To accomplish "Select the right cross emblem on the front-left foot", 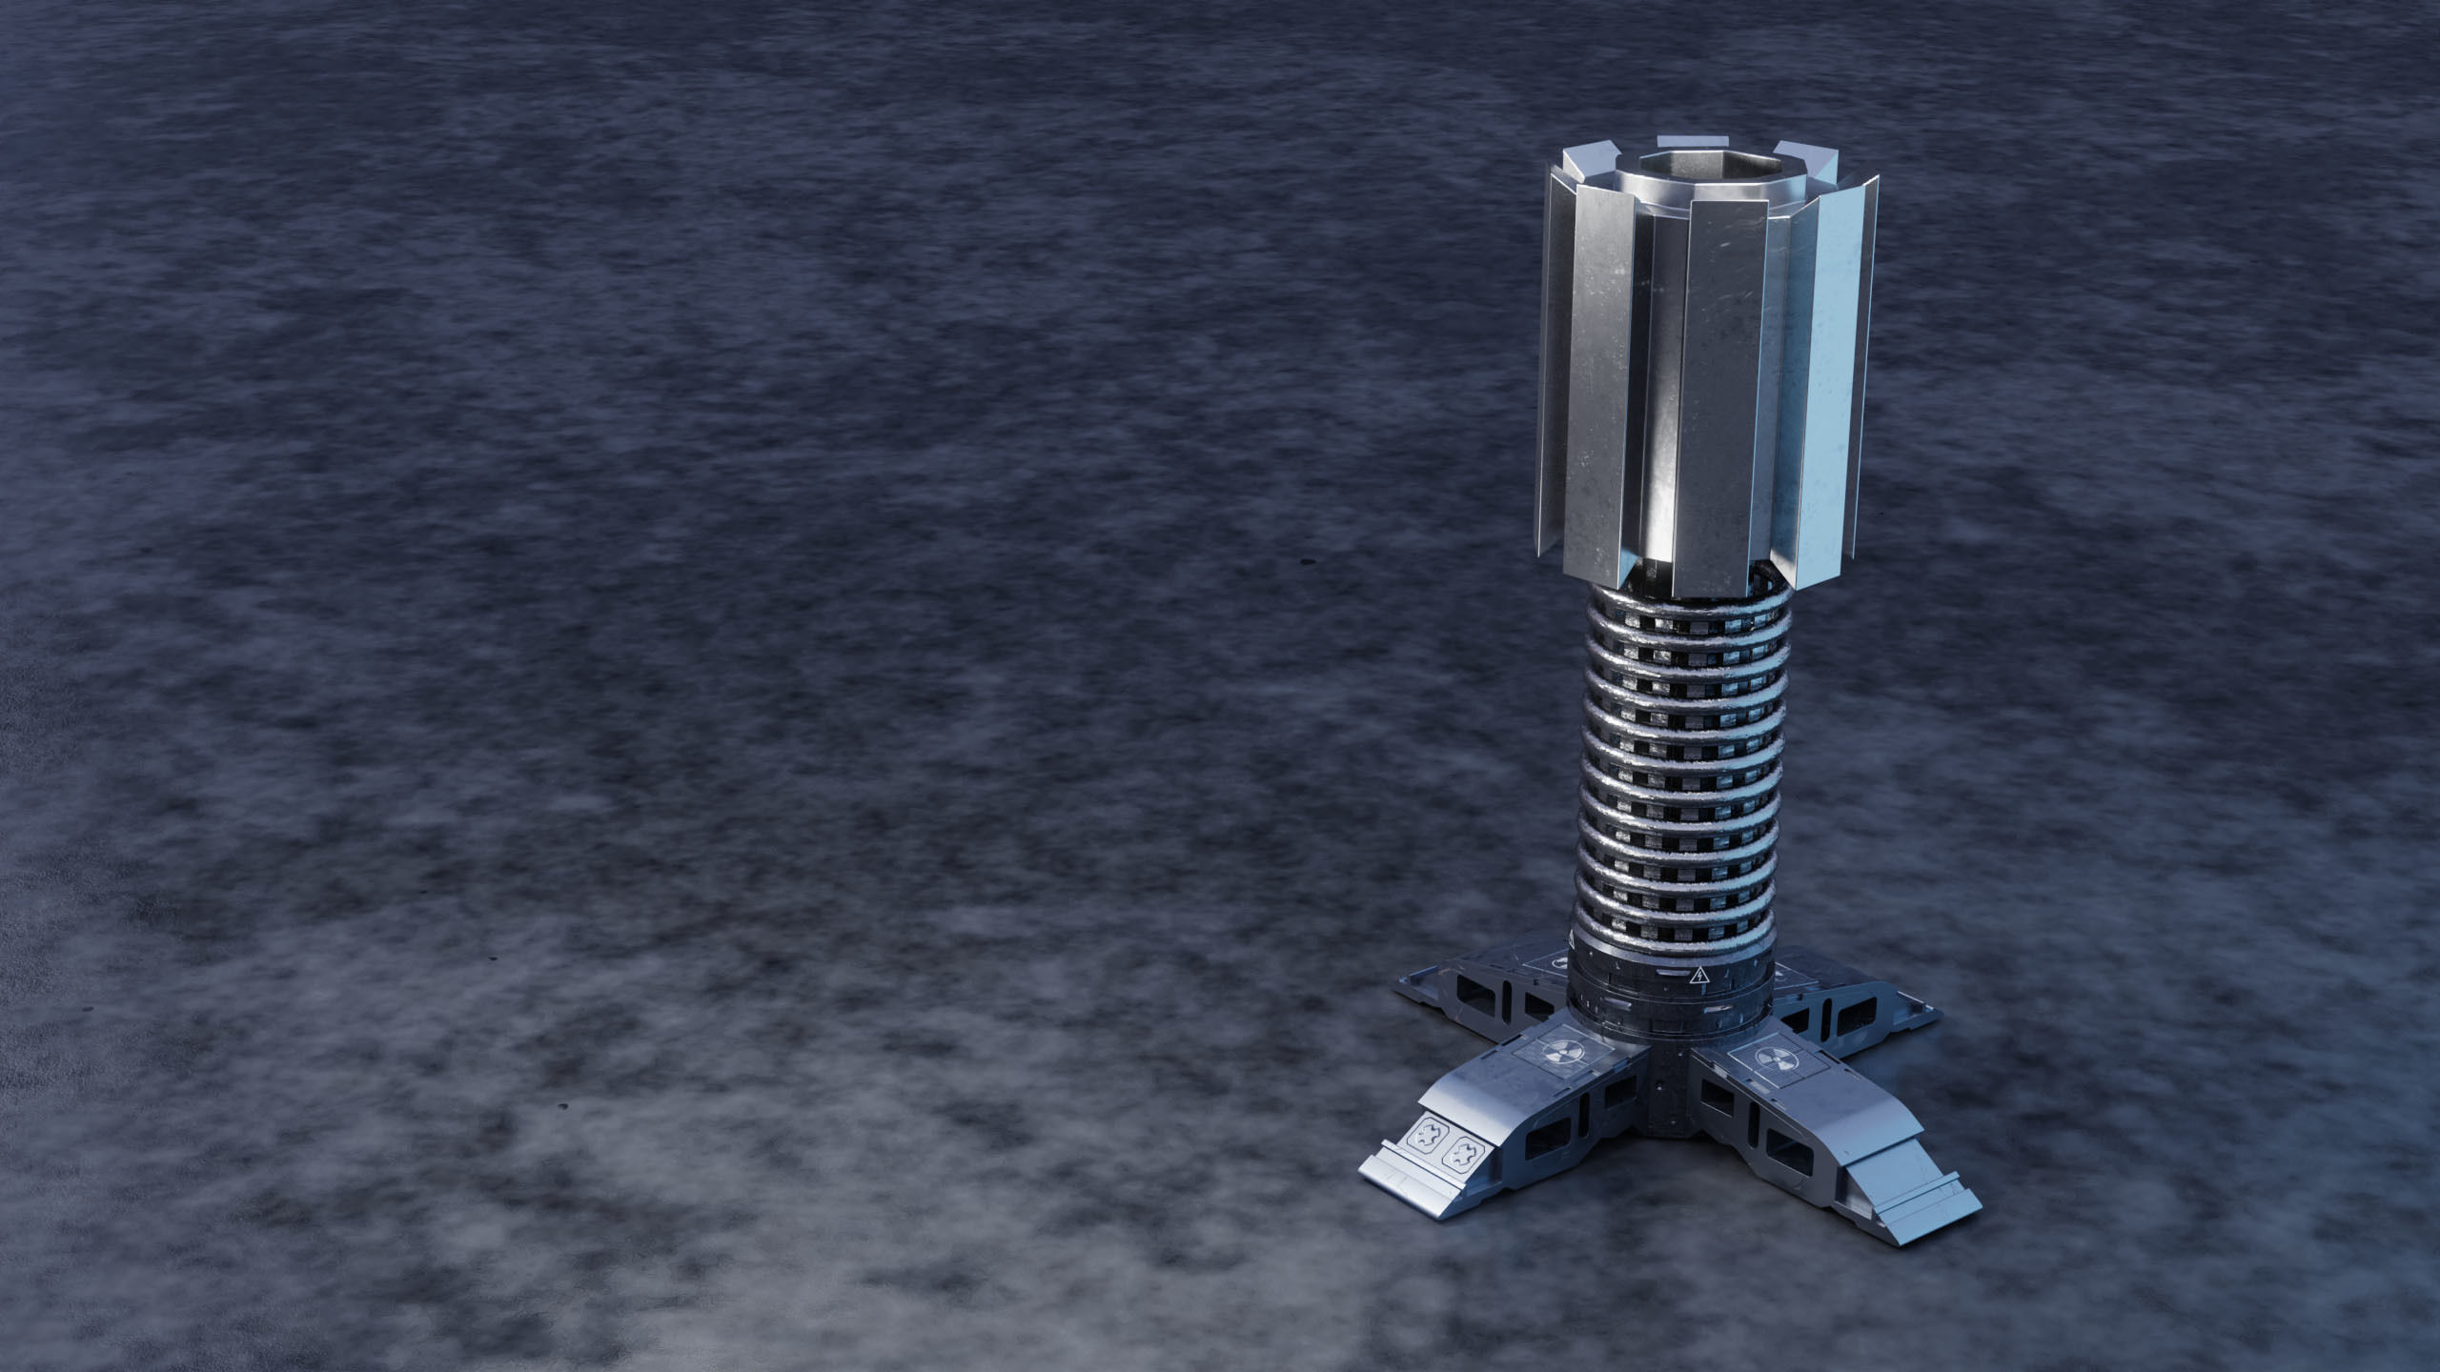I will (1457, 1157).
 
